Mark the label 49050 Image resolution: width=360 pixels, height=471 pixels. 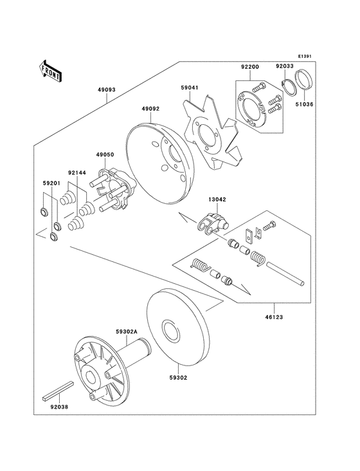[105, 155]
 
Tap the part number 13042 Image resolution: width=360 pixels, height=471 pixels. [216, 199]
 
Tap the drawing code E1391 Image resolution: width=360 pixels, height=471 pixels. [304, 57]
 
